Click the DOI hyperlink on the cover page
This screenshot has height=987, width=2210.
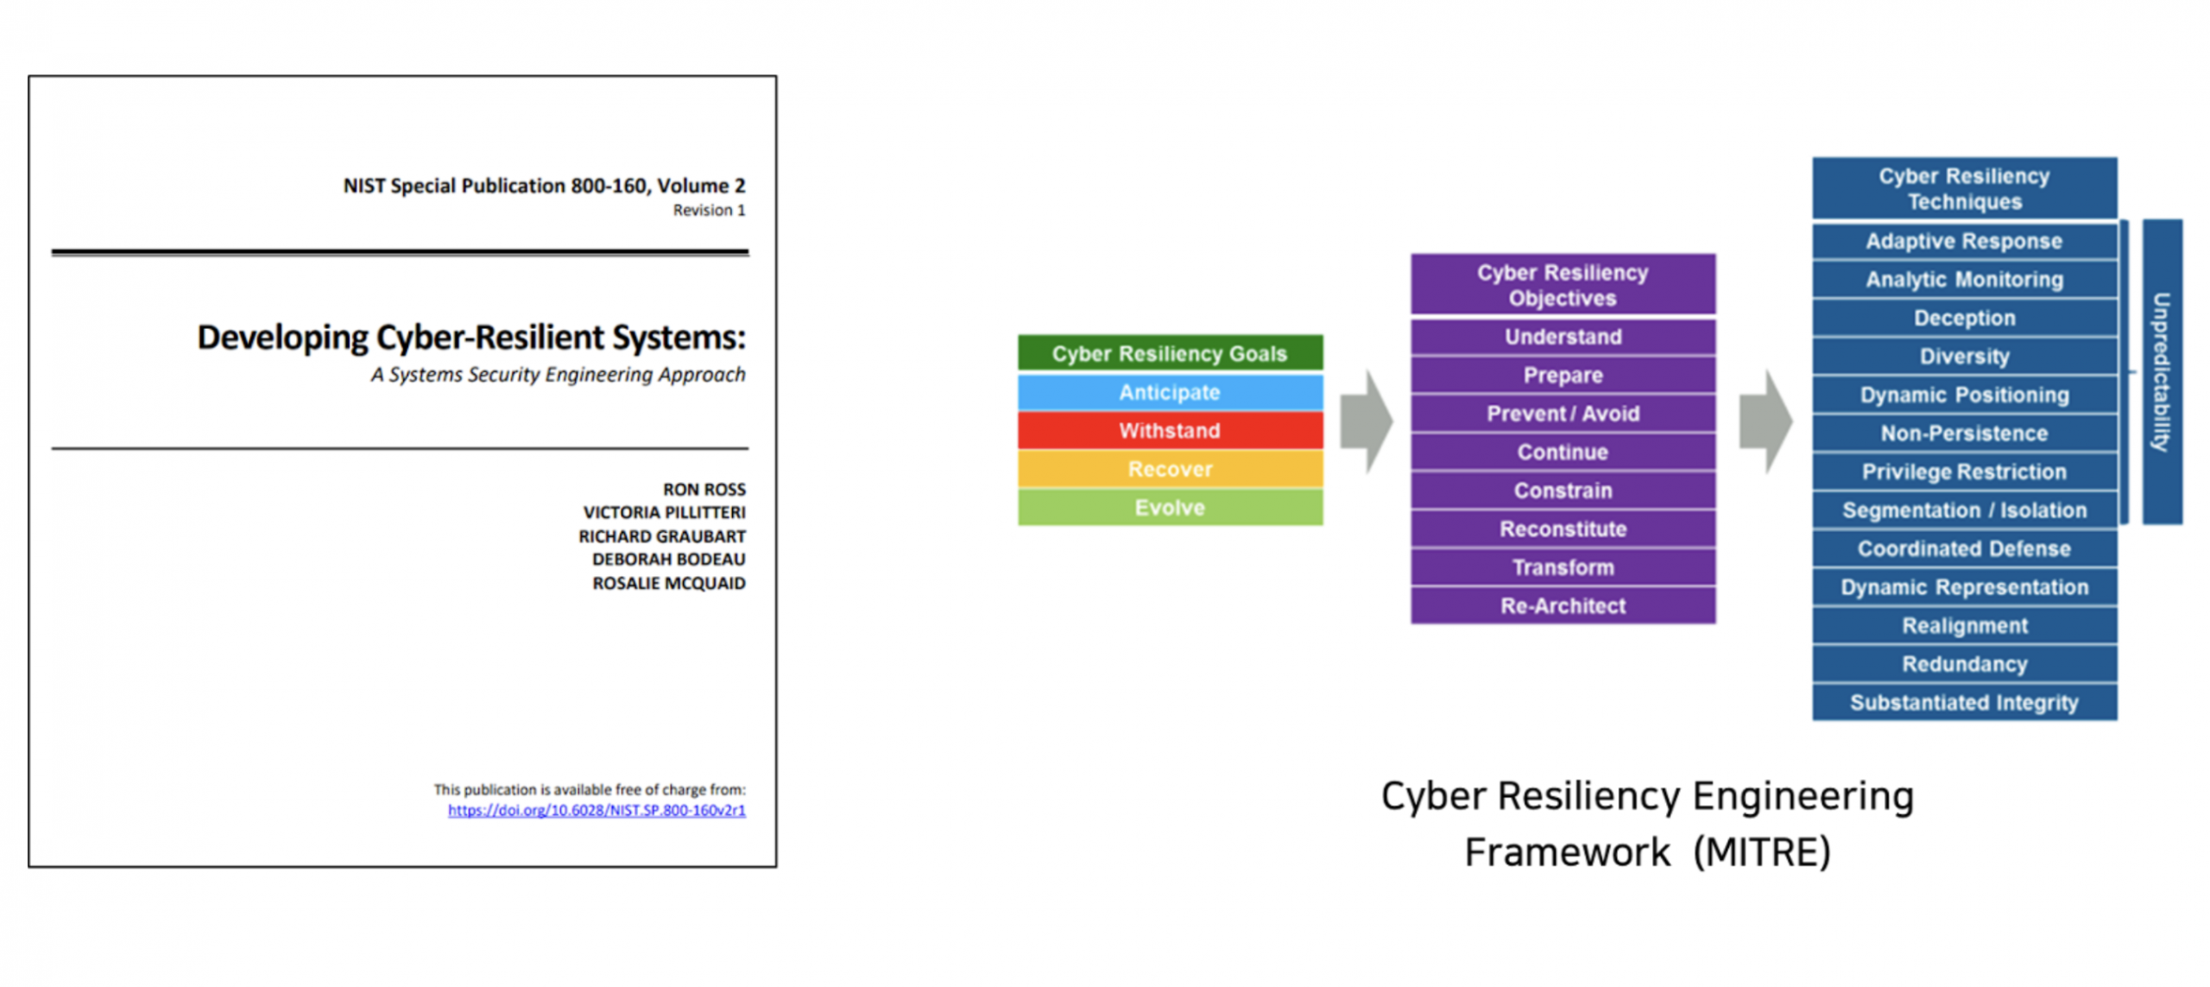[x=596, y=810]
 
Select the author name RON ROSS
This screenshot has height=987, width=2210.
[x=704, y=489]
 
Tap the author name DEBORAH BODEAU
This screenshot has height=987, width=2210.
[x=668, y=559]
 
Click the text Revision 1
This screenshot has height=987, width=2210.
[x=709, y=210]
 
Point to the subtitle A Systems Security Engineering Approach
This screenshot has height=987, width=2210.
[x=558, y=375]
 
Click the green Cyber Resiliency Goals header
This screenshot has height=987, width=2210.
[x=1169, y=353]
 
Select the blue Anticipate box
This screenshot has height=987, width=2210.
[x=1169, y=392]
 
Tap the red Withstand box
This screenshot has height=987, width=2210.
[x=1169, y=430]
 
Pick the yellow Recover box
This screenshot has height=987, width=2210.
[x=1169, y=469]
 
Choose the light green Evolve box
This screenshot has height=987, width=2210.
[x=1169, y=508]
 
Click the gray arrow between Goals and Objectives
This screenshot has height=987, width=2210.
[x=1366, y=421]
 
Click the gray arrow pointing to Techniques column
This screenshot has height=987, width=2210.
[x=1765, y=421]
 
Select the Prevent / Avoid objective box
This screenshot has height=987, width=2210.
[x=1563, y=414]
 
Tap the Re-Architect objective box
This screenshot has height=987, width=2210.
[x=1563, y=606]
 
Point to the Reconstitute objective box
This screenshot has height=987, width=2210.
[x=1563, y=529]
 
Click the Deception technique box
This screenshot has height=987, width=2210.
[x=1964, y=318]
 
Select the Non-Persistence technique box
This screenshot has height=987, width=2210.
[x=1964, y=433]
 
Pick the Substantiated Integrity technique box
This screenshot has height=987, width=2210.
[x=1964, y=703]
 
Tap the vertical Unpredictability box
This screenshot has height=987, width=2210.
[x=2161, y=371]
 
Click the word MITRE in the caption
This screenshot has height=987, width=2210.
[x=1761, y=852]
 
